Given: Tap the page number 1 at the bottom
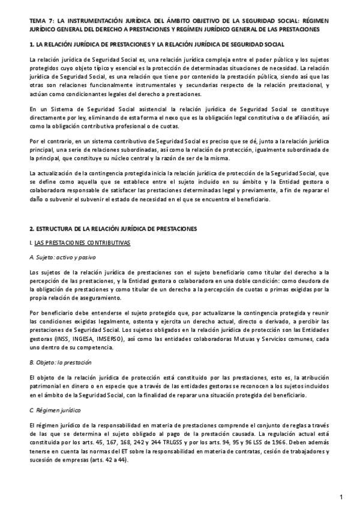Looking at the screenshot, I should click(x=340, y=497).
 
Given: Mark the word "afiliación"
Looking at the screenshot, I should click(x=307, y=118).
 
